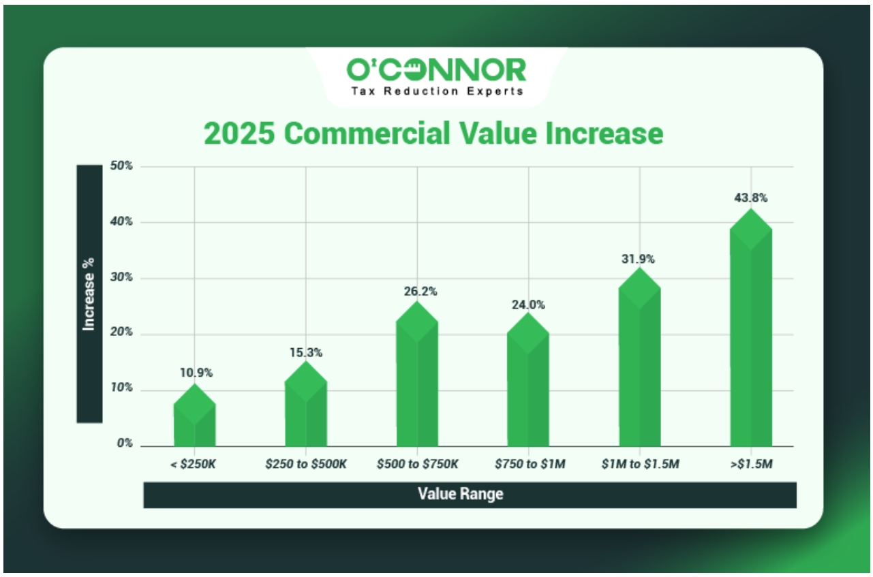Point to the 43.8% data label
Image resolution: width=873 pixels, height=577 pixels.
coord(750,199)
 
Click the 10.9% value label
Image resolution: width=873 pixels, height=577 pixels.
coord(196,373)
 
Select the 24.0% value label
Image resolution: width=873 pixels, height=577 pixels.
coord(528,305)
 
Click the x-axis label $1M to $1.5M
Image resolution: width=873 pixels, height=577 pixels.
coord(640,465)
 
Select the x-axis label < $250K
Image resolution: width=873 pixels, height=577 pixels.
coord(196,465)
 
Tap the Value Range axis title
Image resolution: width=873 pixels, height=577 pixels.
coord(461,494)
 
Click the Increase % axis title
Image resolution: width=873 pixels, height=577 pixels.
coord(89,294)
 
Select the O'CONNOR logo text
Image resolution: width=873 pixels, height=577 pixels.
coord(436,69)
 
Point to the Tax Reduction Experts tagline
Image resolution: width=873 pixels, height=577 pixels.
coord(436,91)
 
